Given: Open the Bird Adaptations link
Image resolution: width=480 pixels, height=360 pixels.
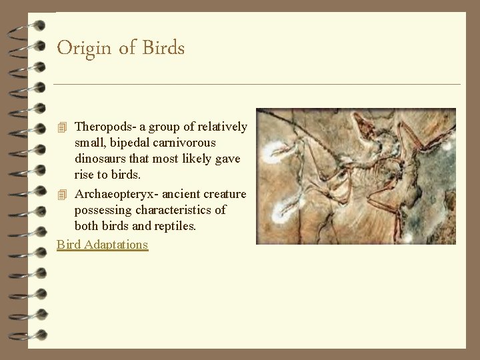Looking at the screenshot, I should pyautogui.click(x=102, y=245).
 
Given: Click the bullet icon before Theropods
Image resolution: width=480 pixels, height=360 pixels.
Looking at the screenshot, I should pyautogui.click(x=63, y=127).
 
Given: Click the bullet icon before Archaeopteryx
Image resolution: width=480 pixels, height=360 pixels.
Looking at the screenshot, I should pyautogui.click(x=63, y=195).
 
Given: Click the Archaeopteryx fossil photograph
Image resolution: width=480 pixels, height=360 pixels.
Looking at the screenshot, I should pyautogui.click(x=356, y=176).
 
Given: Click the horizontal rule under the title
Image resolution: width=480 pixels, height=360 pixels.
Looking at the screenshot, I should pyautogui.click(x=257, y=85).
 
